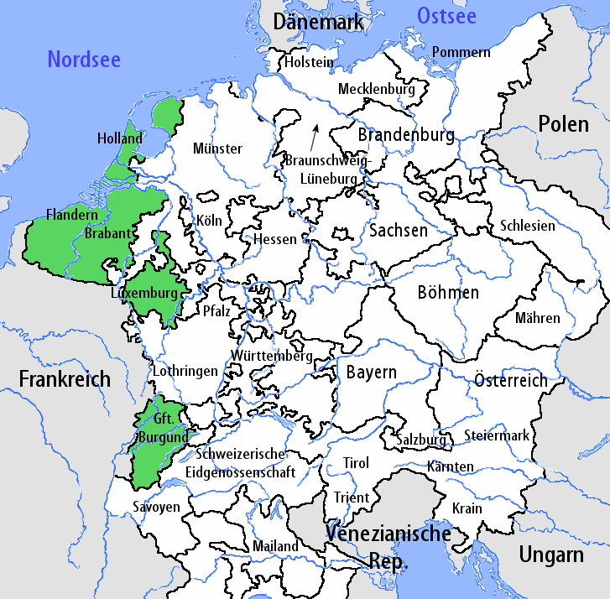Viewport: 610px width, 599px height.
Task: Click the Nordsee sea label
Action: click(84, 60)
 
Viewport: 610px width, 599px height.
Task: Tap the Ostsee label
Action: click(446, 16)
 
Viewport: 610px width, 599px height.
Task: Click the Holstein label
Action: click(309, 62)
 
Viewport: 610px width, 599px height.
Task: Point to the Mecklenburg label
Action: click(377, 89)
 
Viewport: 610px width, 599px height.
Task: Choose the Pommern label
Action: click(461, 52)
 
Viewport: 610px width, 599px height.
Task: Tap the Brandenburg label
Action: click(406, 134)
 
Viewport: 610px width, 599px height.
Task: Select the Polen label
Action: click(563, 124)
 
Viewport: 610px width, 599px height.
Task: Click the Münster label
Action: click(217, 148)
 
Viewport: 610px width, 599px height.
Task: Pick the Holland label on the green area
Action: click(119, 138)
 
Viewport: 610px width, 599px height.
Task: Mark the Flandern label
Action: click(72, 215)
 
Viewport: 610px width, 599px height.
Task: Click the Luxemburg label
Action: click(144, 294)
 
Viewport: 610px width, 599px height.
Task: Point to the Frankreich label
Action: click(65, 378)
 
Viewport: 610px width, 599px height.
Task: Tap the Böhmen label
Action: click(448, 292)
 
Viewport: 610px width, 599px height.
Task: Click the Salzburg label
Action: click(420, 440)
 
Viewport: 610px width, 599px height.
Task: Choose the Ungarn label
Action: click(550, 555)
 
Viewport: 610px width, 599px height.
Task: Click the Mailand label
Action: click(275, 546)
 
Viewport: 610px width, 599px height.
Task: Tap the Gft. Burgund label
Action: click(163, 428)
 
